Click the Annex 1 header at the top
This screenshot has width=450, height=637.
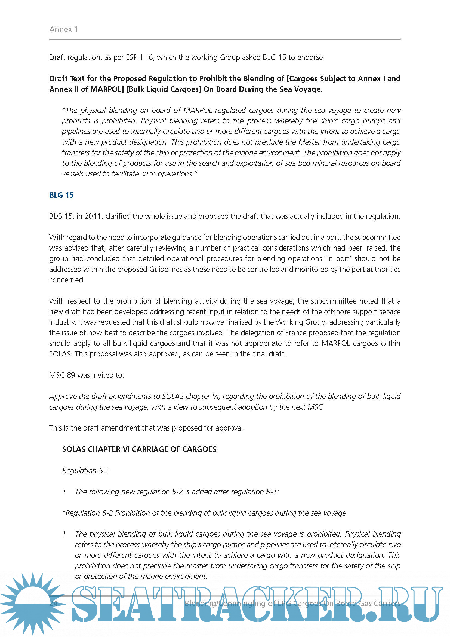tap(63, 29)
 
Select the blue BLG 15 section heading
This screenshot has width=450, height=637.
tap(61, 195)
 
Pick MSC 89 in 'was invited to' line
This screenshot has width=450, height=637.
tap(62, 375)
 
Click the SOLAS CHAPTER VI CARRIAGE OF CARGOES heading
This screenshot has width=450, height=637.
tap(139, 449)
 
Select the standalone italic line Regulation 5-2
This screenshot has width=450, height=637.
tap(86, 470)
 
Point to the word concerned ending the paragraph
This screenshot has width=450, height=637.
tap(66, 280)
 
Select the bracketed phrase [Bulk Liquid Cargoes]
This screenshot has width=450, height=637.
tap(164, 89)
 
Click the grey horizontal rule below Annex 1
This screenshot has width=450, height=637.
tap(225, 39)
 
